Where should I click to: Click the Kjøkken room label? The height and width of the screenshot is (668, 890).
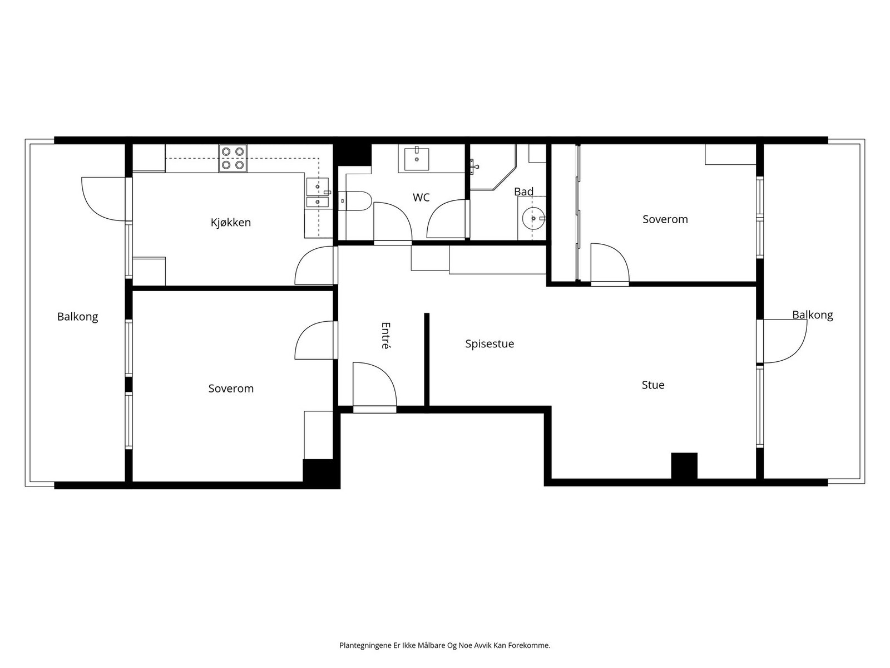[230, 223]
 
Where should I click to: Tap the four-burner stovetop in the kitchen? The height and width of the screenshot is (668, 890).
[233, 158]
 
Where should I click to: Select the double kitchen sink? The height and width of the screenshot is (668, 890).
[318, 193]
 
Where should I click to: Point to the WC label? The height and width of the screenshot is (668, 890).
[421, 198]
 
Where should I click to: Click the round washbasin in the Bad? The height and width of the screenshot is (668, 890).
[534, 218]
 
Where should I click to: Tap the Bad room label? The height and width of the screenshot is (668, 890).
[523, 191]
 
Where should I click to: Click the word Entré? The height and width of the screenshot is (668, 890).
[385, 335]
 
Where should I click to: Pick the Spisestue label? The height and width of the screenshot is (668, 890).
[489, 344]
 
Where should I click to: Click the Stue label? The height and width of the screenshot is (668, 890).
[652, 385]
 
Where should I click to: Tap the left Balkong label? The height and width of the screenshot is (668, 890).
[77, 317]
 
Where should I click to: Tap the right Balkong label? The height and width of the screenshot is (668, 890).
[812, 315]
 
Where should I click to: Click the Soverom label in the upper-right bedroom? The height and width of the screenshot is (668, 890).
[665, 219]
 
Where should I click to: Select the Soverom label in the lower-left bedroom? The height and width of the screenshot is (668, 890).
[231, 389]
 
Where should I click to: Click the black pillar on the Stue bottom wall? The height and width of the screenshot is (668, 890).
[684, 466]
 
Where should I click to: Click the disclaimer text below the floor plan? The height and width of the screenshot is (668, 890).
[444, 646]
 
